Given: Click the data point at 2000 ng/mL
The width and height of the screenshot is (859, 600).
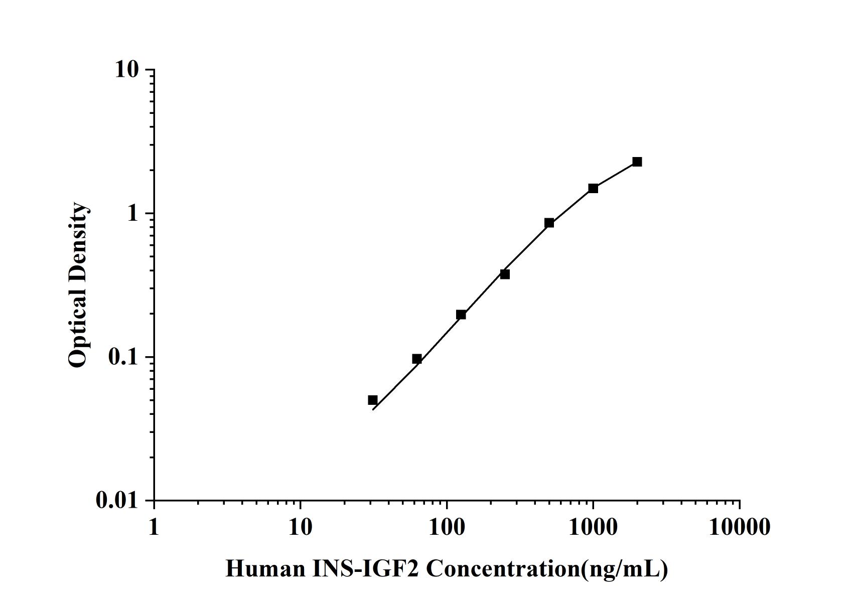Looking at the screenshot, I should (637, 162).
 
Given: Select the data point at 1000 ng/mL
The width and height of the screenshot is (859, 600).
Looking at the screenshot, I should (593, 188).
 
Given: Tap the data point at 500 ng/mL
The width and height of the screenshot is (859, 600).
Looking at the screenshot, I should (549, 223).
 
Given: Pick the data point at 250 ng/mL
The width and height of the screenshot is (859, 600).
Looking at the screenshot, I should (505, 274).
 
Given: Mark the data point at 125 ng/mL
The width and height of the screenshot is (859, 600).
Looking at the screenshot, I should (461, 315).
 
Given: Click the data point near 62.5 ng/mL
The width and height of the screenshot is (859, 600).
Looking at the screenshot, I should (416, 359).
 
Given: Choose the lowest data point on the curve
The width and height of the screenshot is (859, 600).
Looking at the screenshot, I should (372, 400).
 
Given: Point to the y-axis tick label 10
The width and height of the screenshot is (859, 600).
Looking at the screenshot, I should (126, 70).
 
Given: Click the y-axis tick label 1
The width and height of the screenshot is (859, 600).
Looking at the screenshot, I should (132, 214).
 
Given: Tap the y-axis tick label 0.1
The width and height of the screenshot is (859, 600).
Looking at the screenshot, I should (123, 357).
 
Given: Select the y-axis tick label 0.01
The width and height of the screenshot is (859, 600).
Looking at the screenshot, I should (117, 501).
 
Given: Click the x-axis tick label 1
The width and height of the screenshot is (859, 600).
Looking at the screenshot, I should (154, 527).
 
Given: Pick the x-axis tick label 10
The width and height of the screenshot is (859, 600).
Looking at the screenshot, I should (300, 527).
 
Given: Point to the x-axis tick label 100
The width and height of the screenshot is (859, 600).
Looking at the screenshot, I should (447, 527).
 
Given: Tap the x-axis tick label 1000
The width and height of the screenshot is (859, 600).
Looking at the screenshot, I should (593, 527).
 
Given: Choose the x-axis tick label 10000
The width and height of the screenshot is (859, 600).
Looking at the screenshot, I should (739, 527).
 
